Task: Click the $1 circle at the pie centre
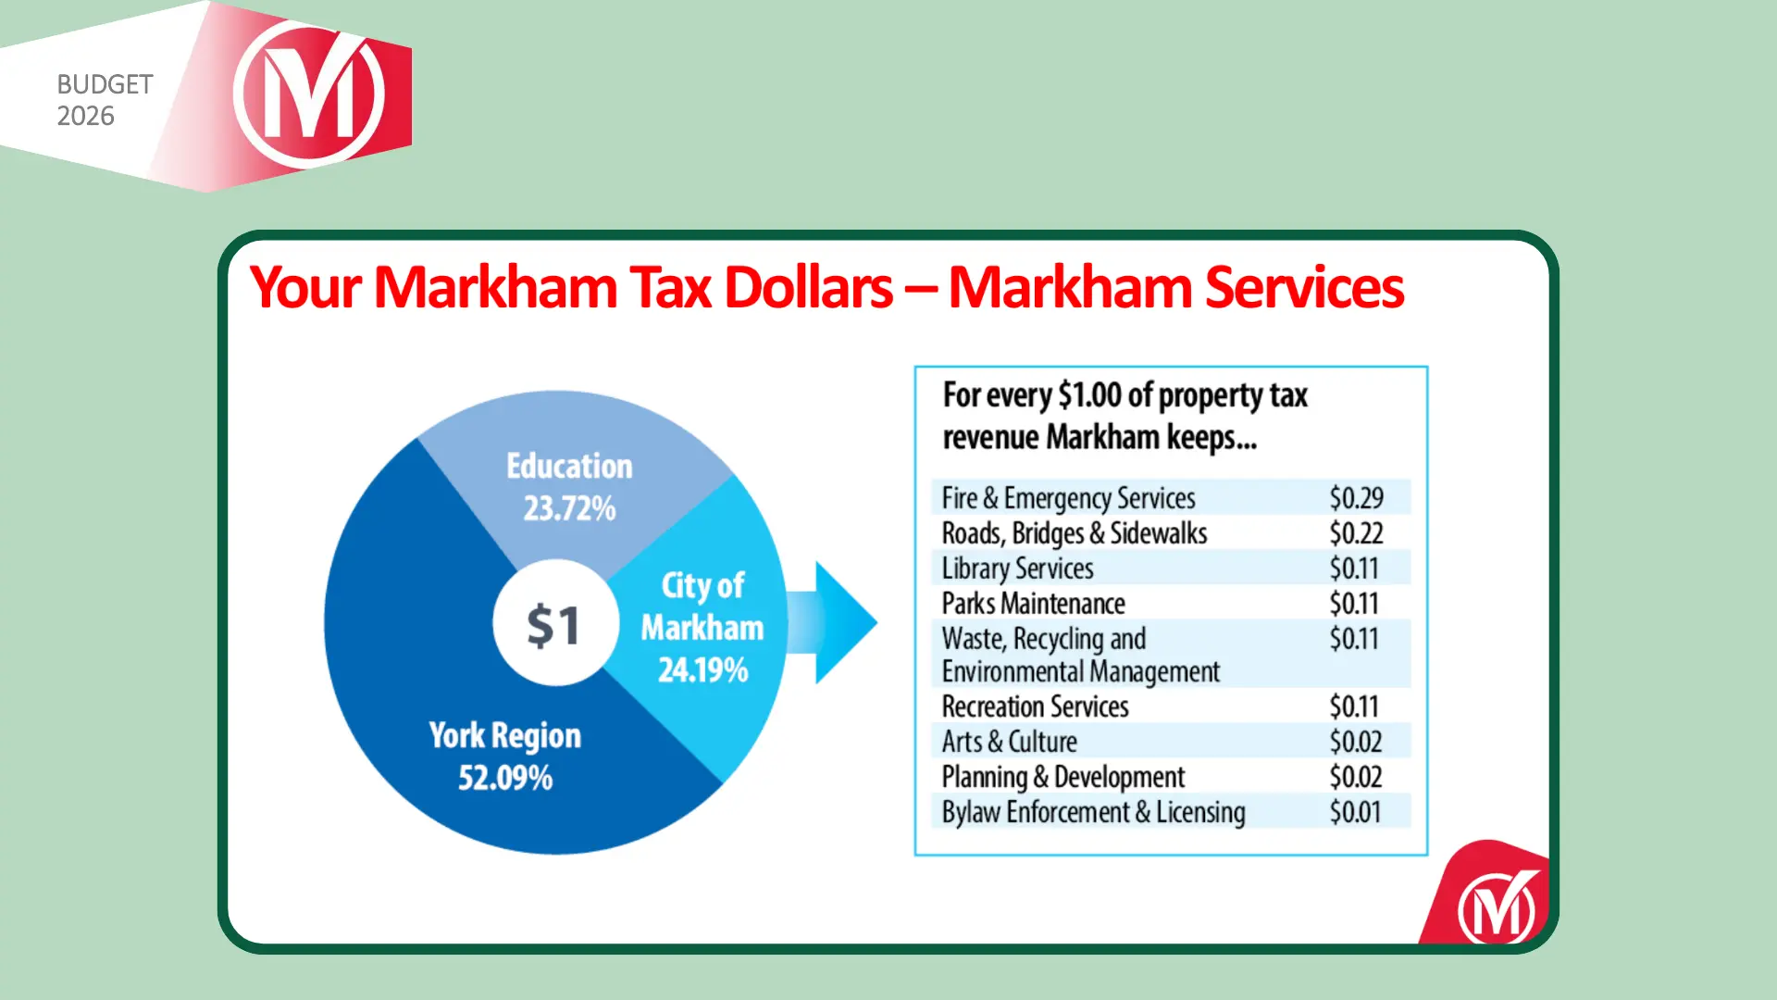[553, 623]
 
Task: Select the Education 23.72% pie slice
[568, 487]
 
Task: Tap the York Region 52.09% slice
[504, 756]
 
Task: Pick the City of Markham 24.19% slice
[702, 627]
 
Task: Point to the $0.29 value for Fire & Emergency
[1356, 498]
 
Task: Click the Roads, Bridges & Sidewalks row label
[1074, 533]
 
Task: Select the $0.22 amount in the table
[1356, 533]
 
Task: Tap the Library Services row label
[1017, 569]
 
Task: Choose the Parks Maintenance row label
[1033, 604]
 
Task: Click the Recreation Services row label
[1035, 706]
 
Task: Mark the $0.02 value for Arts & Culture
[1355, 742]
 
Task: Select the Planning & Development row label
[1062, 777]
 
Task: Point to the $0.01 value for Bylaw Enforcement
[1355, 812]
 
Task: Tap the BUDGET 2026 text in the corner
[104, 100]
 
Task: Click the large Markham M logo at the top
[309, 94]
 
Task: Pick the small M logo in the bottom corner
[1497, 906]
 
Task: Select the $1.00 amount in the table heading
[1089, 395]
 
